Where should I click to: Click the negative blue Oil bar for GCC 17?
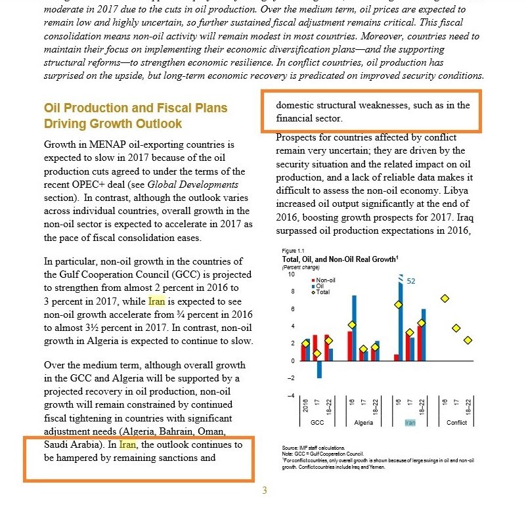(x=319, y=369)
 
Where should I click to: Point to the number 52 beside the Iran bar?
(x=412, y=281)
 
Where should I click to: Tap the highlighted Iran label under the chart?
(x=410, y=423)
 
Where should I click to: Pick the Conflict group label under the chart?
(x=456, y=423)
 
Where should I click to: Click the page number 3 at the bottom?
(x=264, y=490)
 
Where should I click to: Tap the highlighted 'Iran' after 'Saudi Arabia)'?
(x=127, y=444)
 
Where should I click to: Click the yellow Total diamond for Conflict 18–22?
(x=468, y=340)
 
